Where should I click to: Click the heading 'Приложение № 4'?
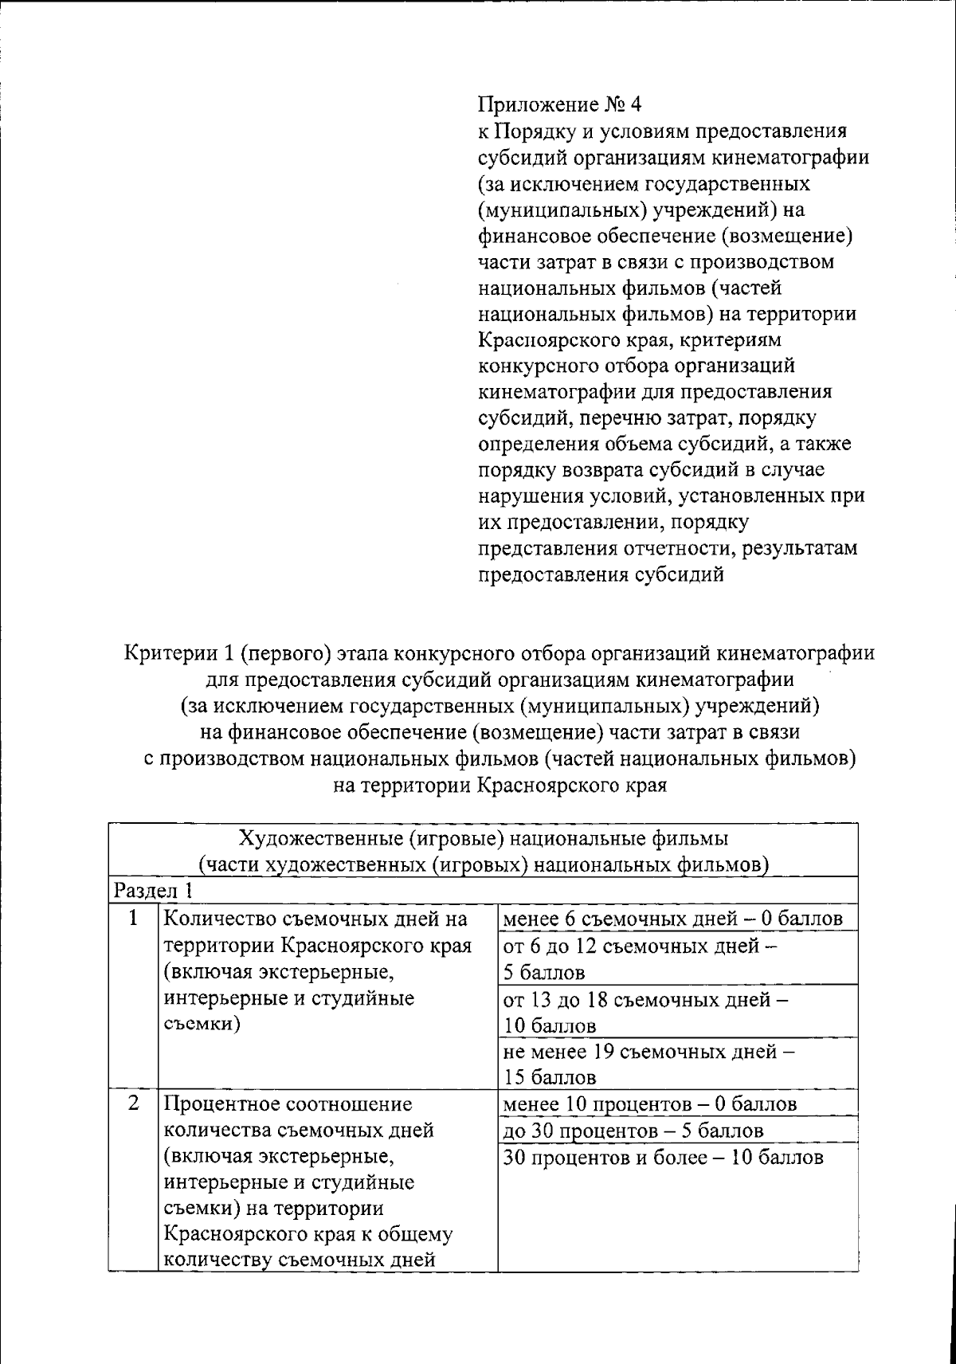click(x=558, y=104)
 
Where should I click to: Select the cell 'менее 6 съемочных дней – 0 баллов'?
click(x=672, y=919)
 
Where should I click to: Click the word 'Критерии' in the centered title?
click(x=170, y=653)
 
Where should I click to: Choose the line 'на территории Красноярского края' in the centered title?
click(x=500, y=786)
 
